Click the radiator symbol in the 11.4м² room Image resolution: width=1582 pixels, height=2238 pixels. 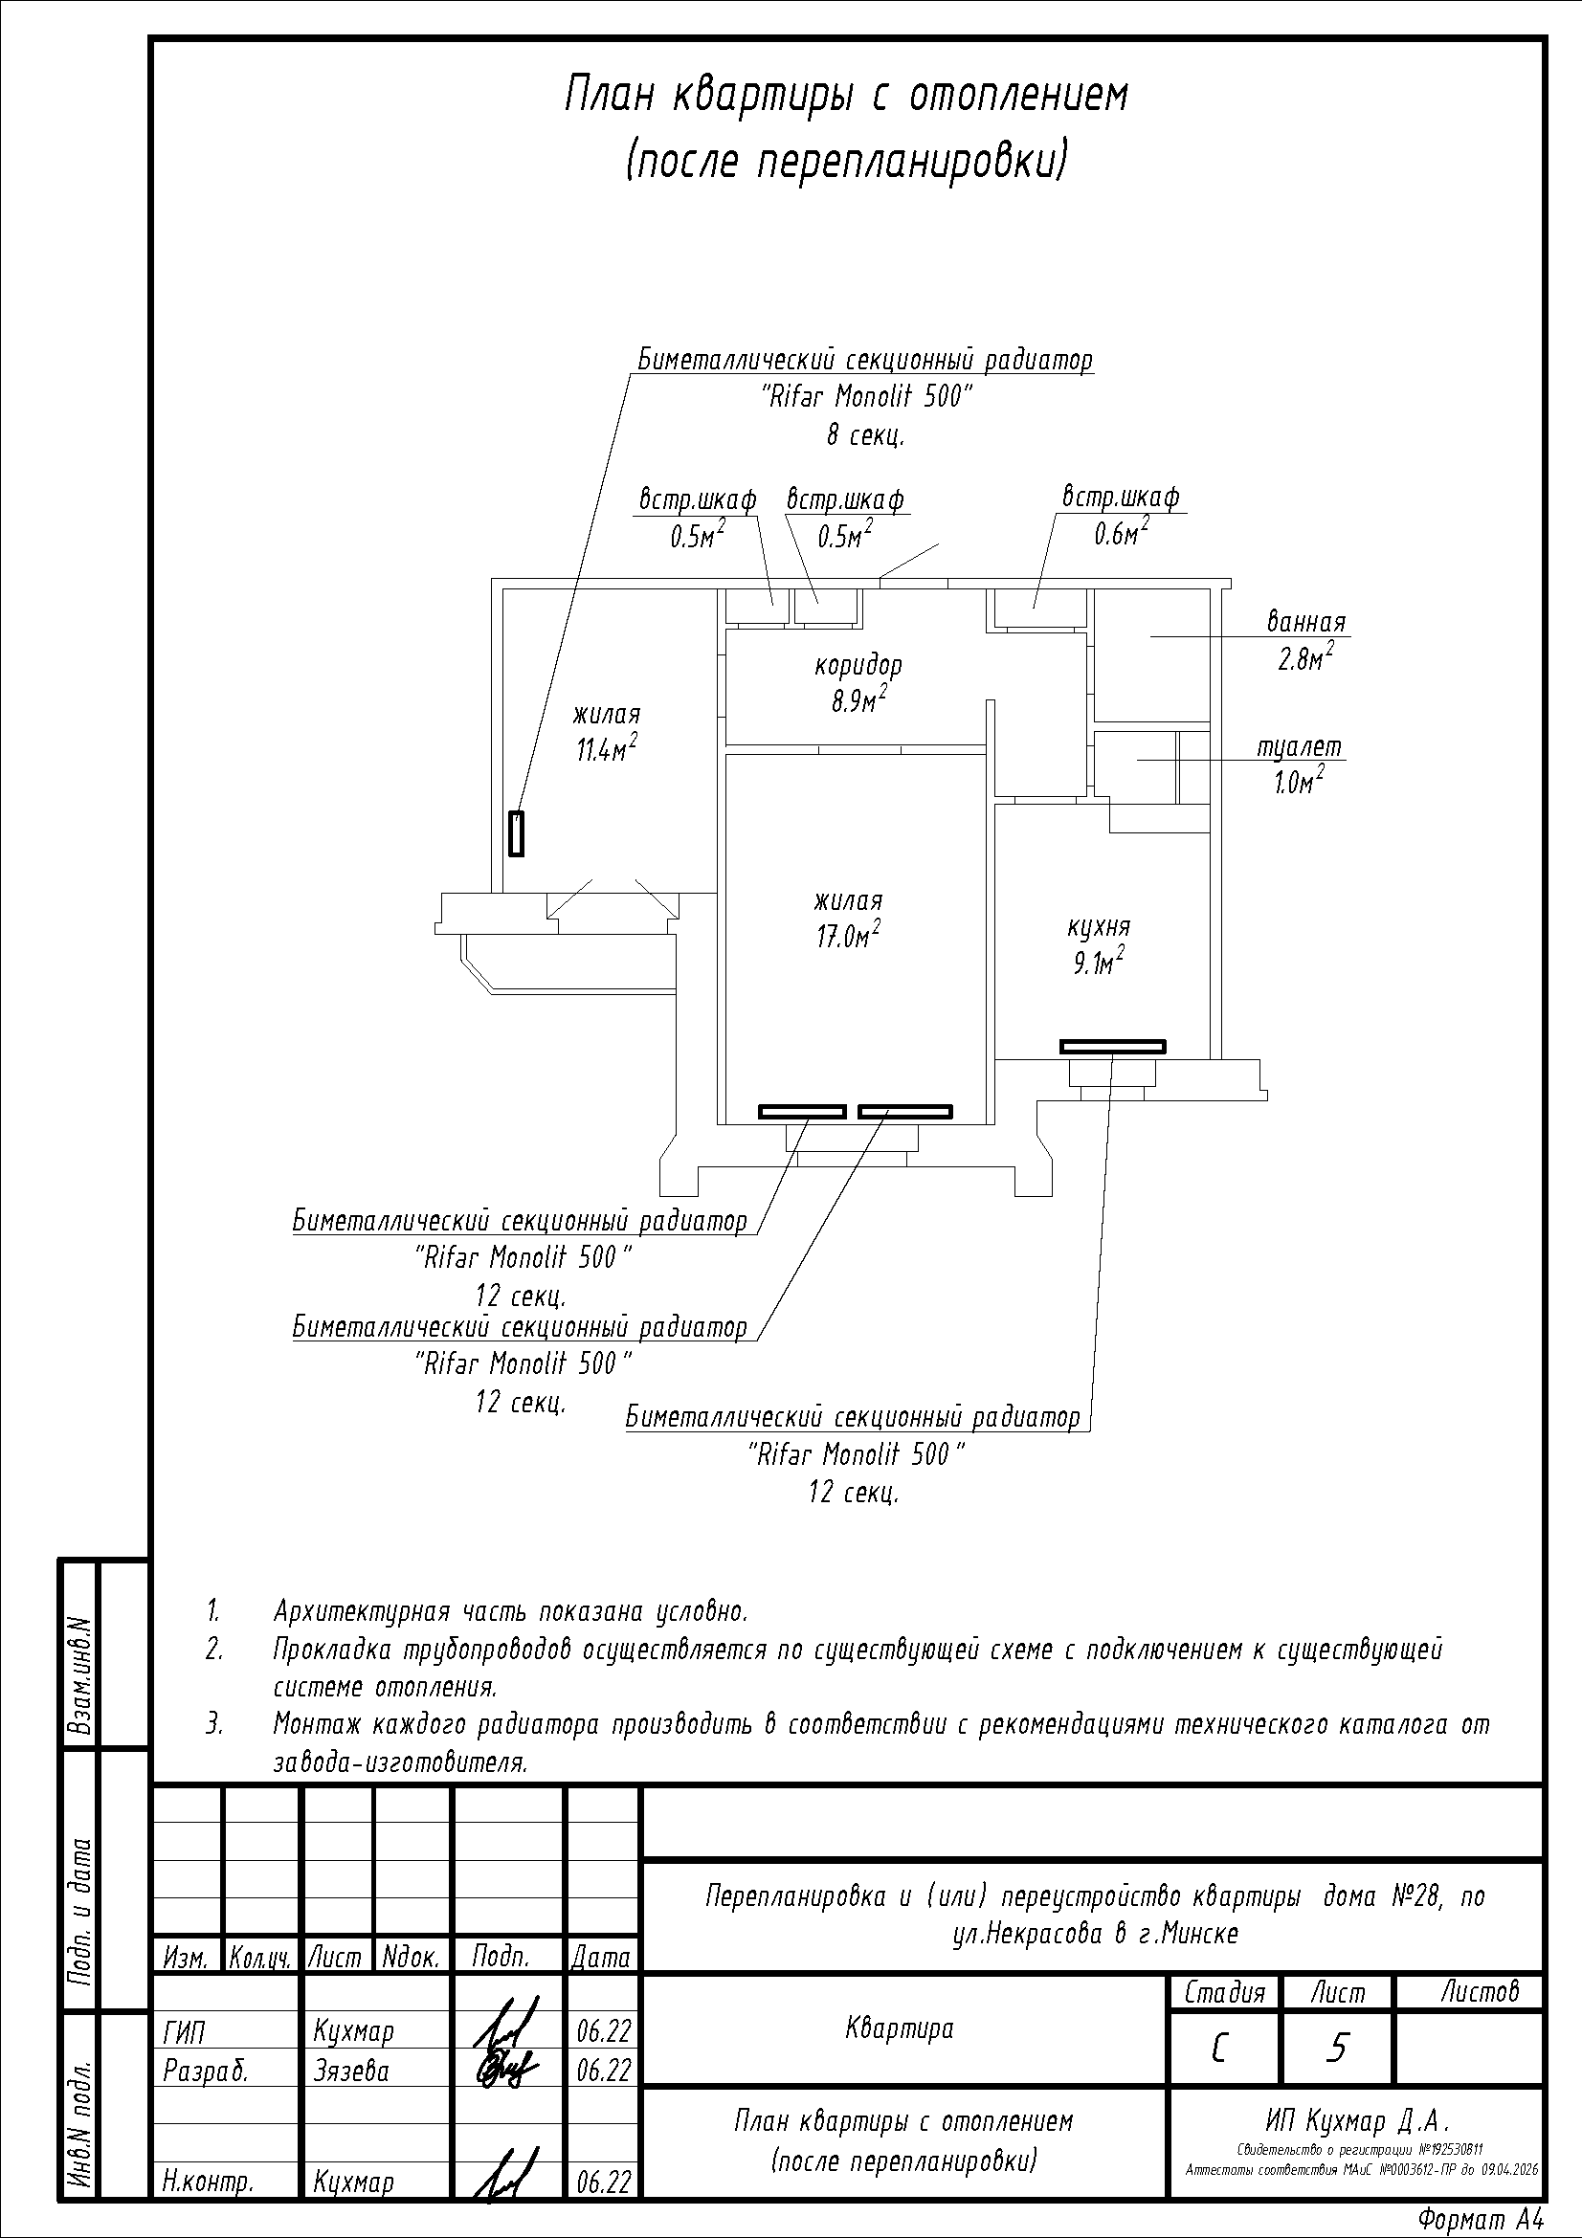(517, 833)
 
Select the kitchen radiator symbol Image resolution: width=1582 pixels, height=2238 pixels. (1112, 1047)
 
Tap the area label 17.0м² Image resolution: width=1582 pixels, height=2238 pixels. (847, 935)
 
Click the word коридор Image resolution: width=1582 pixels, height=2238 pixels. (858, 667)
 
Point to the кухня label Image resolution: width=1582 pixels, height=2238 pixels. (1099, 926)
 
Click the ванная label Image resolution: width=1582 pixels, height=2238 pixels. (1306, 621)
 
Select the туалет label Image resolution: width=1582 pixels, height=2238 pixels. (1300, 746)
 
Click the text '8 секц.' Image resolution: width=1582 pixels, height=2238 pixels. (865, 434)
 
